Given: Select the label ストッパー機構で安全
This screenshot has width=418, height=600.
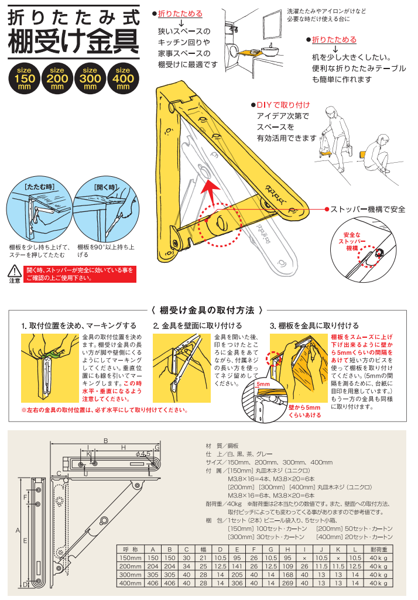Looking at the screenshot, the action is (x=368, y=209).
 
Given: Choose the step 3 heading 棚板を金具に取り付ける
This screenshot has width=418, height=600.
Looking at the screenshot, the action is (x=314, y=325).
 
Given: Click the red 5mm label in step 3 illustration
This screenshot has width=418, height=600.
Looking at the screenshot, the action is (x=262, y=384).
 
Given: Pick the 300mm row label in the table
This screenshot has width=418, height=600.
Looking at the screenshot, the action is (x=130, y=575).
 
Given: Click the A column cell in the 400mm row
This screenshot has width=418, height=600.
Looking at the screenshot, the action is (x=153, y=583).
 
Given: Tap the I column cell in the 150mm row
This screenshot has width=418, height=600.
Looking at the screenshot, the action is (x=305, y=558).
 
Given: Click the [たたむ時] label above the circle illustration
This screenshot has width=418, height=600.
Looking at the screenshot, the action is (x=39, y=187).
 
